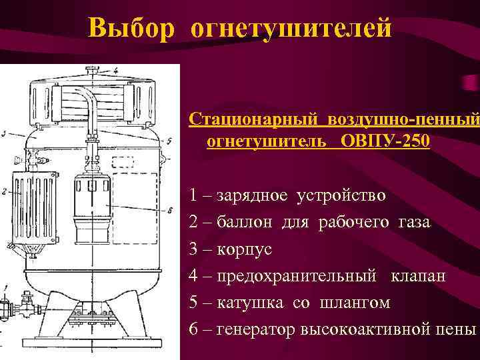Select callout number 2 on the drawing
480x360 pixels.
(4, 191)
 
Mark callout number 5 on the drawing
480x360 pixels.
(171, 141)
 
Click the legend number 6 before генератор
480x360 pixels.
(193, 329)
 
